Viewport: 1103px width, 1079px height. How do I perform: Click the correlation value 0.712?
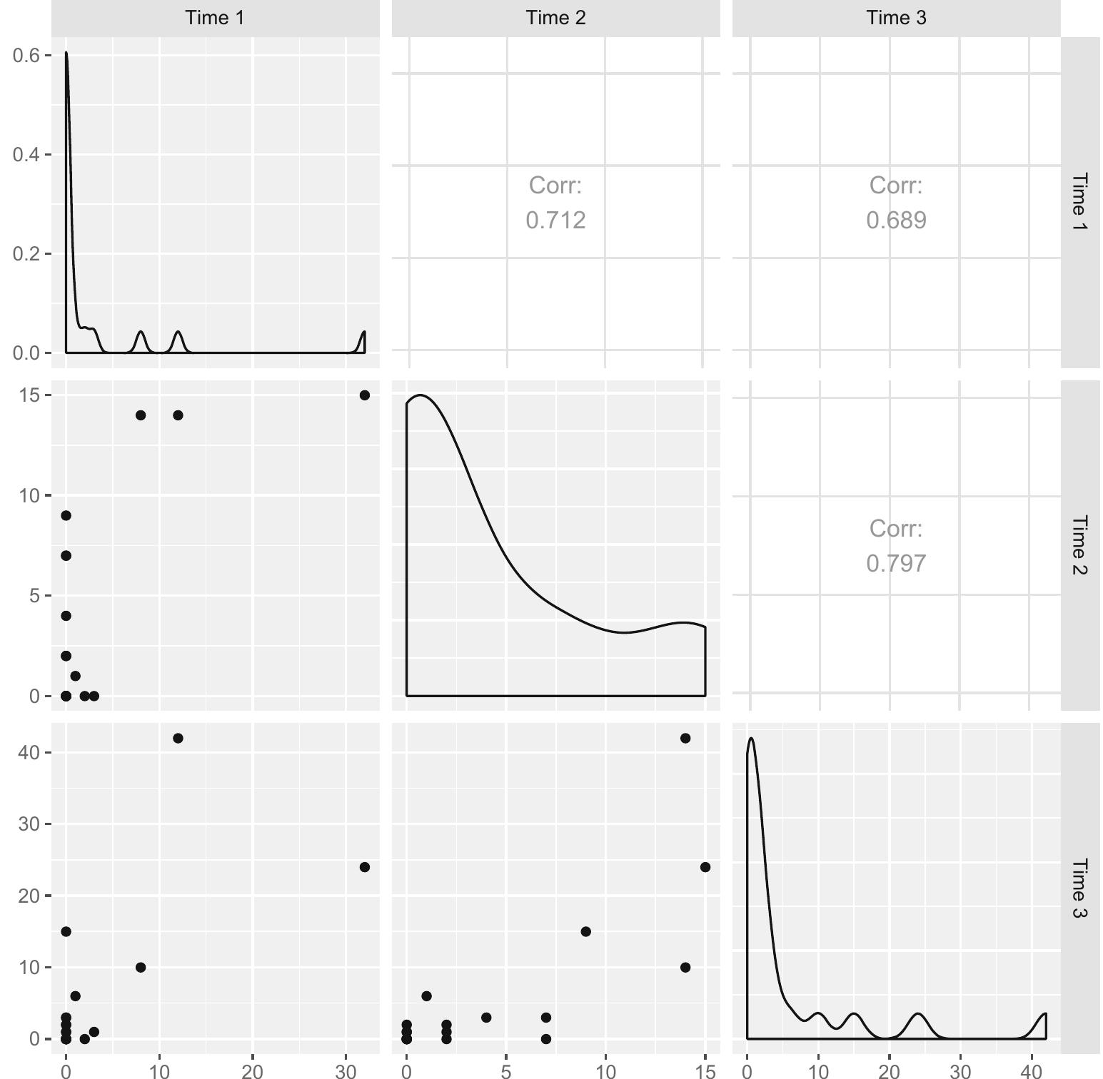click(555, 220)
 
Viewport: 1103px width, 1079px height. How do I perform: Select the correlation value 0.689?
click(896, 220)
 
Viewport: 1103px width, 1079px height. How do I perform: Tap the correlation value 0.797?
click(896, 563)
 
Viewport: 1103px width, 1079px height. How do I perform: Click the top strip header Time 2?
click(555, 18)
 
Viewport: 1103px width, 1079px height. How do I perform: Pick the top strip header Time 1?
click(215, 18)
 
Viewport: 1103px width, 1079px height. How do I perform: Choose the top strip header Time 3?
click(896, 18)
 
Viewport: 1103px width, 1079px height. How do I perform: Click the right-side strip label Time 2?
click(1079, 545)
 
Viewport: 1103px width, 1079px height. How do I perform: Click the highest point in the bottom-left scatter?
click(178, 738)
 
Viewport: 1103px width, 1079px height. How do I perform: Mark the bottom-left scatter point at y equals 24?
click(364, 867)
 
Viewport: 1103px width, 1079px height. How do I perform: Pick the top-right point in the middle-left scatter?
click(364, 395)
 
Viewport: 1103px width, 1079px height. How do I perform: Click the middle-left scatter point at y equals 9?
click(66, 515)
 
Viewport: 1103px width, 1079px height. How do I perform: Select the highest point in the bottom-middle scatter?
click(685, 738)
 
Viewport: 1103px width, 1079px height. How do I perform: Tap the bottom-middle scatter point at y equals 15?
click(585, 931)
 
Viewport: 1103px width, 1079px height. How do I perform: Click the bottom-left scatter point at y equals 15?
click(66, 931)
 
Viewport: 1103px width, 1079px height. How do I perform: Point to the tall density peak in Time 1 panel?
click(66, 54)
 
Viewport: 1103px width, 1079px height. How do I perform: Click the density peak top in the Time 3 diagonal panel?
click(751, 739)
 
